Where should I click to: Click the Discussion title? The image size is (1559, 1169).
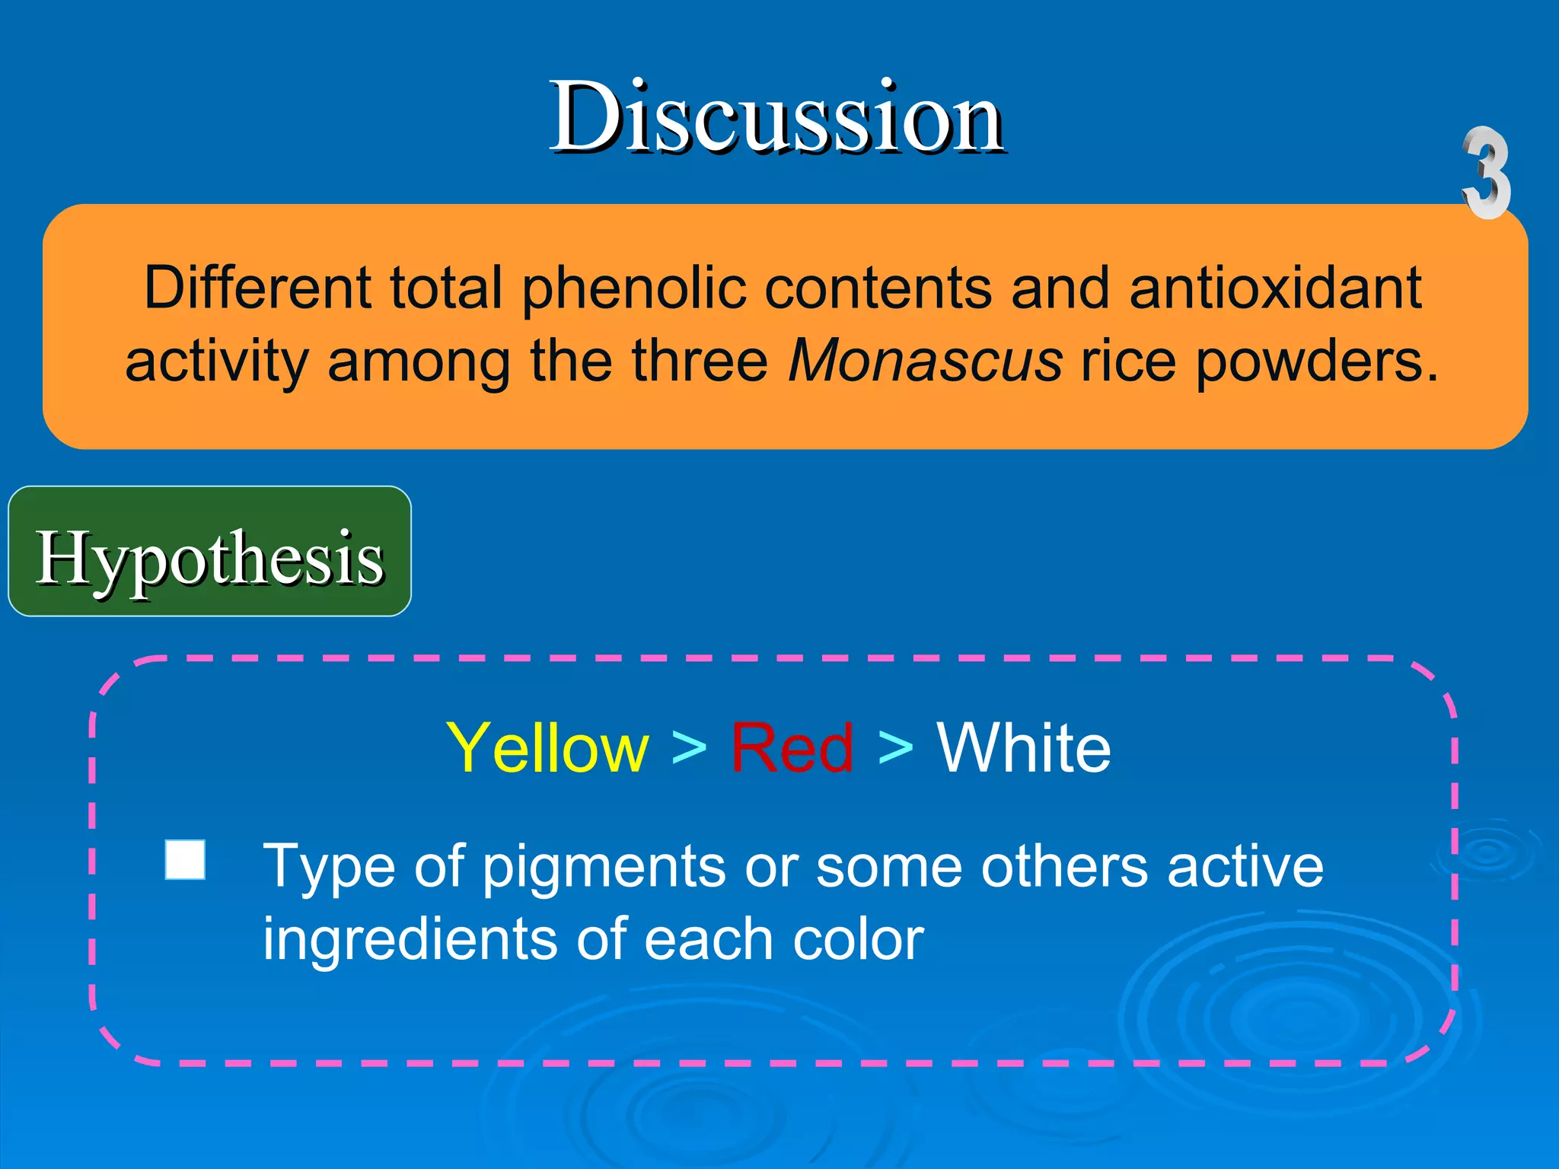click(776, 119)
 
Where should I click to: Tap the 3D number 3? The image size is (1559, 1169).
click(1486, 174)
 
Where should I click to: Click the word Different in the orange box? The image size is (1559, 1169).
click(257, 288)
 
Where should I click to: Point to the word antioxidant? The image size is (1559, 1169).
click(1275, 288)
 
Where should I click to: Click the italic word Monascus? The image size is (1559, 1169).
click(925, 360)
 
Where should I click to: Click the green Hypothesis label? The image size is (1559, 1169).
click(209, 557)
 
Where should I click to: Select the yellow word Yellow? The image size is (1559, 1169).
click(547, 748)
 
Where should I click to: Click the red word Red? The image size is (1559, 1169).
click(792, 748)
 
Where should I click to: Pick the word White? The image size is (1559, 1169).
click(1023, 748)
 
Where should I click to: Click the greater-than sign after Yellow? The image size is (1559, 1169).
click(689, 748)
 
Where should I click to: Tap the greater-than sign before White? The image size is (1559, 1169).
click(895, 748)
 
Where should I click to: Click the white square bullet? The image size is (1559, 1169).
click(185, 860)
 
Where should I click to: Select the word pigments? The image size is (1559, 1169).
click(604, 868)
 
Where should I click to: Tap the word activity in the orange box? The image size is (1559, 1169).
click(216, 362)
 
